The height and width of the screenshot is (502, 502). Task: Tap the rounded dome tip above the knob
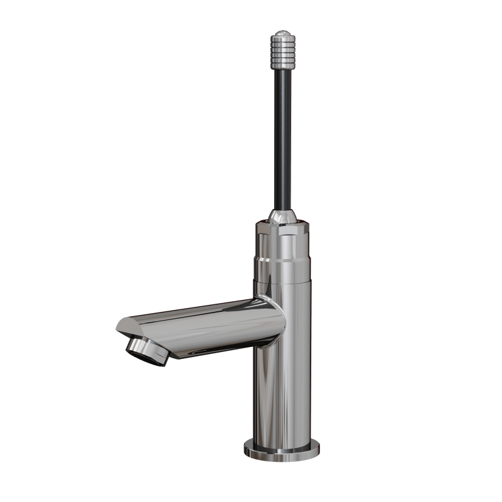281,31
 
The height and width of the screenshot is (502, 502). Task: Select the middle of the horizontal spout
201,326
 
